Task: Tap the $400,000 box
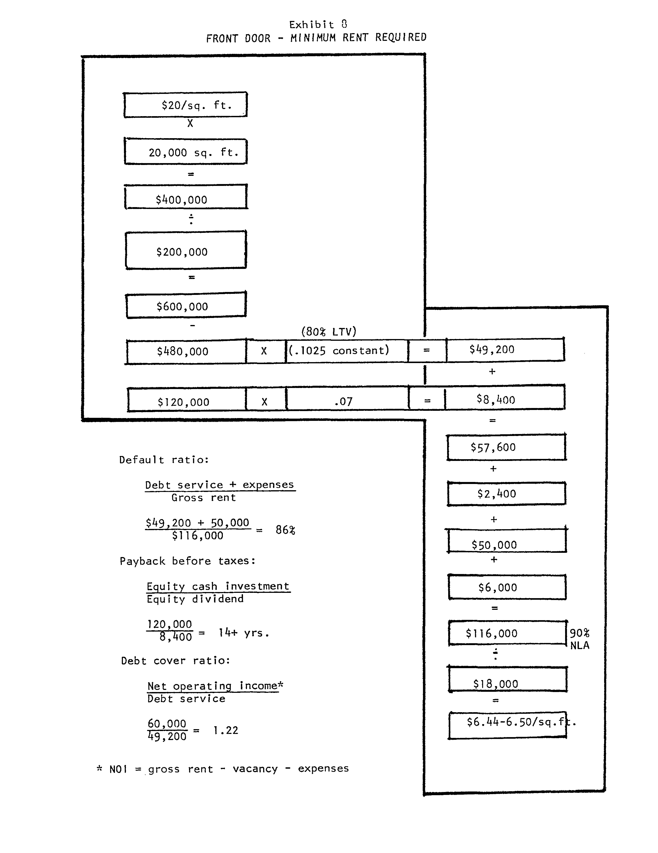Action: [186, 197]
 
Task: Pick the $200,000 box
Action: [186, 250]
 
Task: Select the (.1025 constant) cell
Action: [347, 351]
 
